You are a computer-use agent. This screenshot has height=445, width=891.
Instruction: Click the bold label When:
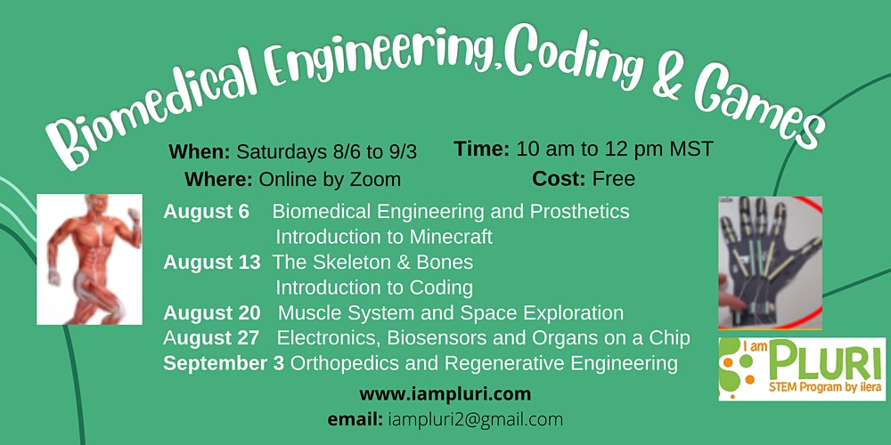point(200,152)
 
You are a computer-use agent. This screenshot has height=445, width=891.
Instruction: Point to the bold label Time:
point(482,149)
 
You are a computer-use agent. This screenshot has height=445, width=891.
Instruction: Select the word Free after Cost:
point(614,180)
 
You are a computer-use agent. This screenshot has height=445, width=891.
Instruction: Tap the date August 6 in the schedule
point(207,213)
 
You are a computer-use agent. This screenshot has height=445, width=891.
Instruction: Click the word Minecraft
point(451,237)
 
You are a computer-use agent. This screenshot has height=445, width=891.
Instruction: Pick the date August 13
point(212,263)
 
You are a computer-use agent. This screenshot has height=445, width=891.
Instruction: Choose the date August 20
point(212,312)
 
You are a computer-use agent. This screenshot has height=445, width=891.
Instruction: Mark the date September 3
point(224,363)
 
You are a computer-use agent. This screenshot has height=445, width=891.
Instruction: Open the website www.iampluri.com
point(445,394)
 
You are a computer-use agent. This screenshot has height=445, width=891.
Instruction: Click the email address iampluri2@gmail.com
point(476,420)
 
